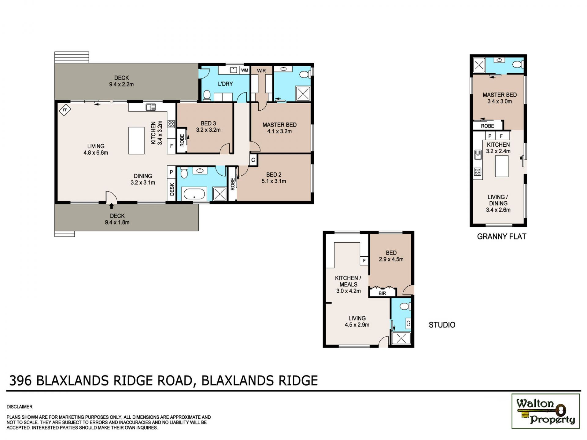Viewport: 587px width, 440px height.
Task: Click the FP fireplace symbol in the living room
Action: (65, 110)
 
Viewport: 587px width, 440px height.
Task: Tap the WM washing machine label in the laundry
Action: (245, 70)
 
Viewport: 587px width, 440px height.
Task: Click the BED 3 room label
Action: (208, 123)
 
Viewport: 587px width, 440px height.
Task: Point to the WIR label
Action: (261, 71)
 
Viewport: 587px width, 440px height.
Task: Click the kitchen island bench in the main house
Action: (136, 141)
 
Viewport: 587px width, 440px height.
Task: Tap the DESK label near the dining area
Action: (172, 189)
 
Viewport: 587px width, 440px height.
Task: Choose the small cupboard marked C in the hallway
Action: (253, 160)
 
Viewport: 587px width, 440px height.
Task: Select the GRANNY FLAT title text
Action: (501, 237)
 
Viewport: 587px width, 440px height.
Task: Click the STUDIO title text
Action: (442, 325)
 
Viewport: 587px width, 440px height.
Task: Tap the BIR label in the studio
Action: (382, 293)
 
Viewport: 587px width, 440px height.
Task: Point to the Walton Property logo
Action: (546, 411)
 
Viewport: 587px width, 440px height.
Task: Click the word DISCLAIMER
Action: (19, 407)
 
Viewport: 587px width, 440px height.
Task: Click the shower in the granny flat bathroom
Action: (479, 65)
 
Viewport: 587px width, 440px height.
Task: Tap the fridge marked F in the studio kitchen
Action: (364, 261)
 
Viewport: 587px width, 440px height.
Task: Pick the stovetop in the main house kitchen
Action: (171, 124)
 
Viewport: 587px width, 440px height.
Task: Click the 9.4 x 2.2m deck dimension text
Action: (121, 84)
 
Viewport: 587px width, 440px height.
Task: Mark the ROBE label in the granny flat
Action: (487, 126)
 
